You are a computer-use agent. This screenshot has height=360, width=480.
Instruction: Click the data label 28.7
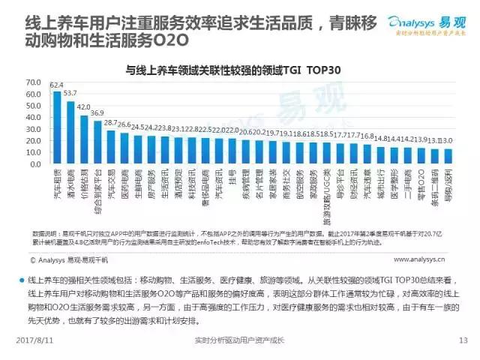click(x=111, y=122)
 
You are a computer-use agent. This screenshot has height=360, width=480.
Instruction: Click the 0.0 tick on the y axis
click(x=34, y=163)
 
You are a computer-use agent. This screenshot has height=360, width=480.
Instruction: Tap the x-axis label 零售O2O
click(x=421, y=181)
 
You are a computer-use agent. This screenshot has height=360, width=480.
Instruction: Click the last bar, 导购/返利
click(x=448, y=155)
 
